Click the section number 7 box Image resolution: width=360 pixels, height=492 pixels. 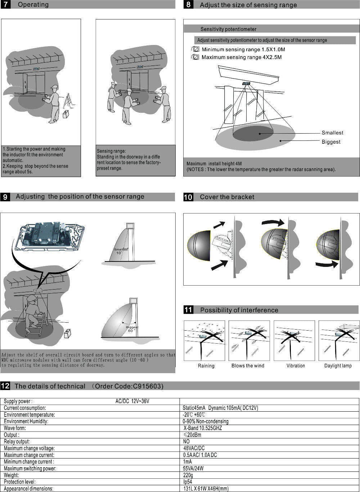click(x=6, y=5)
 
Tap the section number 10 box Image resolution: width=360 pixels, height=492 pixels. click(x=188, y=197)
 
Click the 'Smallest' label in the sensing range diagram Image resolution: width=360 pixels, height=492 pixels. click(x=332, y=133)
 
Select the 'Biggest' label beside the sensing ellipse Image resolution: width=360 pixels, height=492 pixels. click(x=331, y=142)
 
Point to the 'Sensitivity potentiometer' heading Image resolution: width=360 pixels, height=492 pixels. click(x=228, y=29)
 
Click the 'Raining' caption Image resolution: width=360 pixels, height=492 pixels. click(x=206, y=366)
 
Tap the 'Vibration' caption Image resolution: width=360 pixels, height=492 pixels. click(x=296, y=366)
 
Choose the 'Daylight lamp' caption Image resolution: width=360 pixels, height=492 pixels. click(x=338, y=366)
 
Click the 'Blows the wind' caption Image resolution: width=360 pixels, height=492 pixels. click(x=248, y=366)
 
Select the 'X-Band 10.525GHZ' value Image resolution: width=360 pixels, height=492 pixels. click(x=203, y=428)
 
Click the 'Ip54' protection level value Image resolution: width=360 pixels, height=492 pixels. click(x=188, y=482)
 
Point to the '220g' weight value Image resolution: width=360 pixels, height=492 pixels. click(x=188, y=475)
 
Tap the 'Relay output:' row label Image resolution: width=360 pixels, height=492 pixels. click(x=17, y=442)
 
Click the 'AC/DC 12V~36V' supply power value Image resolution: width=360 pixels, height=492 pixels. click(x=132, y=401)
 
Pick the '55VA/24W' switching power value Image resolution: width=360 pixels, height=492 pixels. click(x=193, y=469)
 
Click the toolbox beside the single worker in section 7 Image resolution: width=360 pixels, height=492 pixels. click(x=66, y=114)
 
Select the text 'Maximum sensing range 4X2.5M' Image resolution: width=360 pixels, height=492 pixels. click(x=241, y=57)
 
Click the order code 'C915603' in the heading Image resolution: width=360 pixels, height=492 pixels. click(x=148, y=386)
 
